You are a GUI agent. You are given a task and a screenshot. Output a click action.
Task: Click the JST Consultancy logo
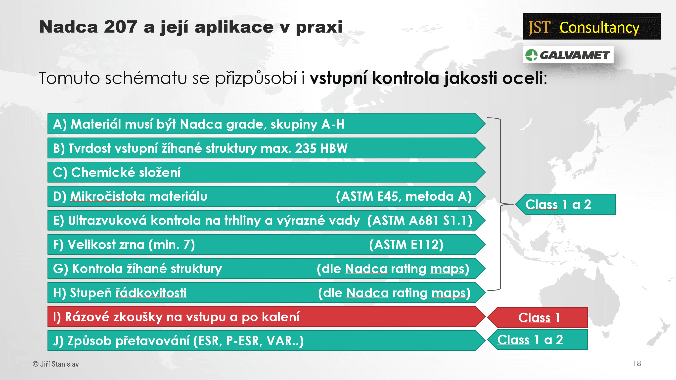[592, 27]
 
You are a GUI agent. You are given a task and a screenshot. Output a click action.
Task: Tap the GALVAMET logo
[568, 54]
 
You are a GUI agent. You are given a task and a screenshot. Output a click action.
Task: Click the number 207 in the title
[120, 27]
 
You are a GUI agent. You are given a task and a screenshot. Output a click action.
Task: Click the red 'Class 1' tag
[538, 317]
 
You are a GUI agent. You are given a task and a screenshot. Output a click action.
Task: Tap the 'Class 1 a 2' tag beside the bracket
[566, 204]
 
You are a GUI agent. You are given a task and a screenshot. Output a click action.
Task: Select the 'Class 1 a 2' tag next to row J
[538, 340]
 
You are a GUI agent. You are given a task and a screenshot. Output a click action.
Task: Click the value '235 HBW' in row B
[321, 148]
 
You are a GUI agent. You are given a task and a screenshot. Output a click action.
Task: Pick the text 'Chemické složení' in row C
[126, 172]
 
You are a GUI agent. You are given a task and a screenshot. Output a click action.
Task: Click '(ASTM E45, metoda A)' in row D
[404, 196]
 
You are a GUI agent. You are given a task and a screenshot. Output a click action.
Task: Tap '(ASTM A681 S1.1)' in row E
[420, 220]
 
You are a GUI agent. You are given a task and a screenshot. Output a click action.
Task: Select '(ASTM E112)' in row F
[406, 244]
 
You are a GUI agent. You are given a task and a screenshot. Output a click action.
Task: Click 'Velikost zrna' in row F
[106, 244]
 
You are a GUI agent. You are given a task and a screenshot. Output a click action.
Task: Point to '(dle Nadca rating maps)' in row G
[393, 269]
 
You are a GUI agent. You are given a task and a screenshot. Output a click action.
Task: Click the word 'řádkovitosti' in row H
[151, 293]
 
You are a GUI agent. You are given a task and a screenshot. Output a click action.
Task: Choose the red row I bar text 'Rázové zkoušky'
[114, 317]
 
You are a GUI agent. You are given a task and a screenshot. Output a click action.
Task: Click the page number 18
[637, 364]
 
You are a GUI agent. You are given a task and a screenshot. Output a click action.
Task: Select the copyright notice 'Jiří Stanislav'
[59, 364]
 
